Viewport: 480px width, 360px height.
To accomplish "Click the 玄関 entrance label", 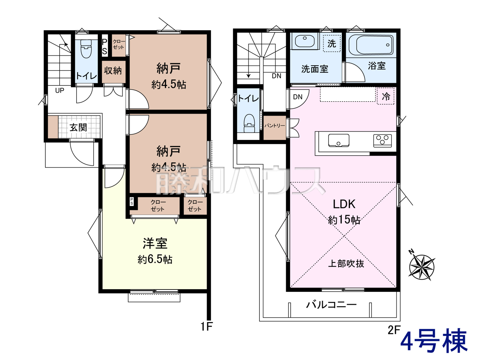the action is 78,127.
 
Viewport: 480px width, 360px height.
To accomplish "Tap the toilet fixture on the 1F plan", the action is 86,49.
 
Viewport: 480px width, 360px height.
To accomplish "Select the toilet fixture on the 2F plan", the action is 249,123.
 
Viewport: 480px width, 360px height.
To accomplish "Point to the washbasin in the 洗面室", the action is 305,41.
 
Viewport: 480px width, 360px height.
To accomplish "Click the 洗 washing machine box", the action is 332,43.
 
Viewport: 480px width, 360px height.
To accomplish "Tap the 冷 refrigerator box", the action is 386,96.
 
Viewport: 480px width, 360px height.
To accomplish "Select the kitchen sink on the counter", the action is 339,140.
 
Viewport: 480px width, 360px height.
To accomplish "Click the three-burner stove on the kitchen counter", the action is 382,141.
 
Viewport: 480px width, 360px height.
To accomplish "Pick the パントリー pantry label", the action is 274,126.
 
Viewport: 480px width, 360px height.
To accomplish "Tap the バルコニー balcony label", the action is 331,304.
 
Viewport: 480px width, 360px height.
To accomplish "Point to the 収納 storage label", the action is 113,70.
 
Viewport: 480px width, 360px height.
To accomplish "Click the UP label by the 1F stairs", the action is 60,90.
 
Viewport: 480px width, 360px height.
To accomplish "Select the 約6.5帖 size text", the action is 155,259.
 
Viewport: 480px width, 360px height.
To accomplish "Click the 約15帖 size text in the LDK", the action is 344,220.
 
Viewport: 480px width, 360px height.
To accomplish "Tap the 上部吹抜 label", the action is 346,264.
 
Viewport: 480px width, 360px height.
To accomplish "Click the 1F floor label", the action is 207,327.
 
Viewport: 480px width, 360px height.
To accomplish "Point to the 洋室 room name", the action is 155,243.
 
